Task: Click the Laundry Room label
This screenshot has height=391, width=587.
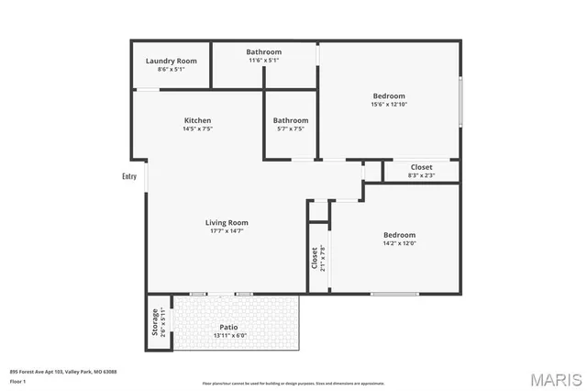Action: click(172, 61)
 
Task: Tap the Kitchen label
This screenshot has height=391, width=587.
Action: click(197, 120)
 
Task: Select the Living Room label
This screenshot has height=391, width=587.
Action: click(227, 222)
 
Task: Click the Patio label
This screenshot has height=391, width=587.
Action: click(228, 326)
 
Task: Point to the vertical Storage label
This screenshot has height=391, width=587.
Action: click(154, 321)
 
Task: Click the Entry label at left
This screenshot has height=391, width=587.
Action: click(129, 176)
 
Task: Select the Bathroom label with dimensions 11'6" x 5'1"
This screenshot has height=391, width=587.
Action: click(264, 52)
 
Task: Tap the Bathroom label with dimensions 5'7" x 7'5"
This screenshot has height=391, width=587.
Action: click(291, 120)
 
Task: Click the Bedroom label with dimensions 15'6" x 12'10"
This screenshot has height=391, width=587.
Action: click(390, 96)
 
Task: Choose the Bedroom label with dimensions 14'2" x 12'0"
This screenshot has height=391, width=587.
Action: click(399, 235)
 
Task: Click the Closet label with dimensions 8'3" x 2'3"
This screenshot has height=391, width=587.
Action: click(421, 167)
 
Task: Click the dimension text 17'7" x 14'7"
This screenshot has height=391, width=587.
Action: click(227, 230)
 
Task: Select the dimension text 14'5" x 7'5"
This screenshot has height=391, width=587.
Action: click(197, 129)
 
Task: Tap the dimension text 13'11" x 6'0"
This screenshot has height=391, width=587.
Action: click(228, 335)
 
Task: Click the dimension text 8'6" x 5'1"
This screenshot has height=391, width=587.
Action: click(172, 69)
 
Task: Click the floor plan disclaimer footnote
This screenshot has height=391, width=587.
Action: click(293, 383)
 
